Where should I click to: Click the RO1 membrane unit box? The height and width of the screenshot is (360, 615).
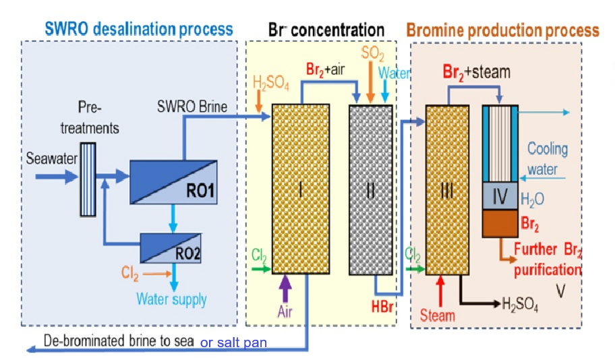tap(173, 182)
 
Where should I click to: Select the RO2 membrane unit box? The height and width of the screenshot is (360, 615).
tap(171, 248)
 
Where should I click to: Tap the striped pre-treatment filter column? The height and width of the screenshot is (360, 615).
tap(88, 179)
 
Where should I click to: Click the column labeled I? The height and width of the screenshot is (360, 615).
tap(301, 189)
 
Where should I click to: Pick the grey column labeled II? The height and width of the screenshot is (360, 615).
tap(371, 190)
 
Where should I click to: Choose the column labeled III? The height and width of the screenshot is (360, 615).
tap(447, 190)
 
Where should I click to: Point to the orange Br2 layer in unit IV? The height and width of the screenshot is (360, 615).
tap(500, 224)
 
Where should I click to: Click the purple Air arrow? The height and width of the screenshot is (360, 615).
tap(285, 289)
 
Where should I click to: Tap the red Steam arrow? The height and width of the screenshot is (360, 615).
tap(440, 291)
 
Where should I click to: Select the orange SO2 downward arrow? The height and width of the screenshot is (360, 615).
tap(370, 82)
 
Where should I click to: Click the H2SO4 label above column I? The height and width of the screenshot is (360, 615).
tap(270, 83)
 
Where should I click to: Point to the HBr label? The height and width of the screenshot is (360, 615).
tap(382, 307)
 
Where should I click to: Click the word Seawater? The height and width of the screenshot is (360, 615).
tap(51, 158)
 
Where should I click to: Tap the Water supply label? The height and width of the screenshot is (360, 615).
tap(171, 299)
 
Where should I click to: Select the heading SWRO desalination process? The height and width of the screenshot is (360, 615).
tap(139, 29)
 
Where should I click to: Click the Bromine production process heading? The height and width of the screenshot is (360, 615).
tap(502, 30)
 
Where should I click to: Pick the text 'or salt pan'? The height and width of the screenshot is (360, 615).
tap(233, 342)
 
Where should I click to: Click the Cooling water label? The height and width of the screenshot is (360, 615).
tap(547, 159)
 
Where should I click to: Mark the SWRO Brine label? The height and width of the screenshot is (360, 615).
tap(192, 107)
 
